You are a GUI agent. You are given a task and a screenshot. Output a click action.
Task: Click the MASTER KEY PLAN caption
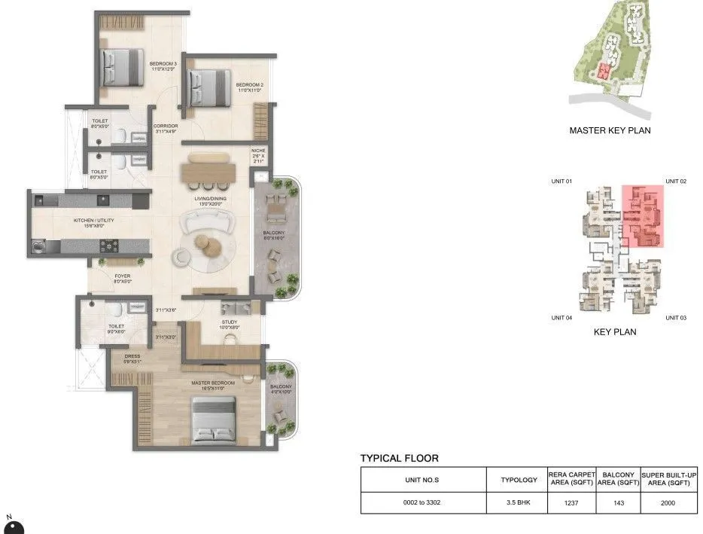610,130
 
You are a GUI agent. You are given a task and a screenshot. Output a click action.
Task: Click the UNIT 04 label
562,318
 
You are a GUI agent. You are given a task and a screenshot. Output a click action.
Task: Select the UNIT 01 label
562,182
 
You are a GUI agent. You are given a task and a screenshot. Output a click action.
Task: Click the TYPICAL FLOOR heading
399,458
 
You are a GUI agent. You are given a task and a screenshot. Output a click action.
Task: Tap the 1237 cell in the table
572,502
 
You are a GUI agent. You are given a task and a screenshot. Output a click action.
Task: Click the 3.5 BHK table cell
519,502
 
